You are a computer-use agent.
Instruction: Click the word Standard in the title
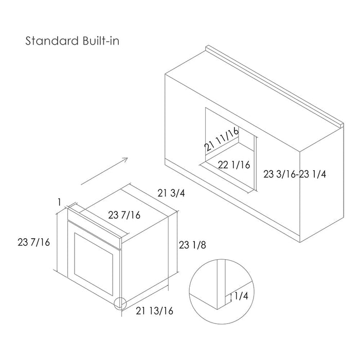(52, 41)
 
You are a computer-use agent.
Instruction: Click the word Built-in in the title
(101, 41)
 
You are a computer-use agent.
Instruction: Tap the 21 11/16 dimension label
(222, 139)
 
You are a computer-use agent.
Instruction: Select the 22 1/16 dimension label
(233, 165)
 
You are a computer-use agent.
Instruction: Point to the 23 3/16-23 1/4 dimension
(295, 174)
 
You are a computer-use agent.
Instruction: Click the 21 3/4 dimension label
(171, 193)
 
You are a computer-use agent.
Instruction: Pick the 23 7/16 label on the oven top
(124, 215)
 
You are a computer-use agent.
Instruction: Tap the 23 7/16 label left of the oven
(33, 242)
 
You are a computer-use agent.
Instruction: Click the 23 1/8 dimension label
(192, 245)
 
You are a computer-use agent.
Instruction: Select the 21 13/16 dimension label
(154, 311)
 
